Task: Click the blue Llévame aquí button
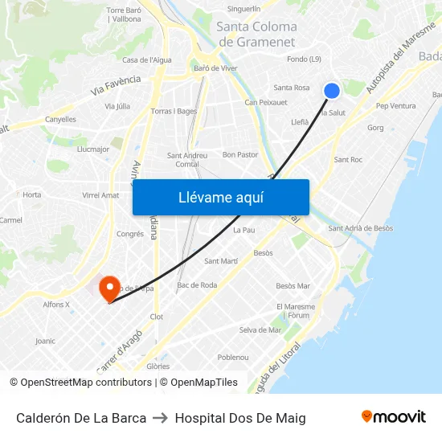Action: click(220, 197)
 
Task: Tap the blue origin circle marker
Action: click(331, 91)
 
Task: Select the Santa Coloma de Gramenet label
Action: click(257, 34)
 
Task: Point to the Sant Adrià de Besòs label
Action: click(361, 228)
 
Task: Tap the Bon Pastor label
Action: click(240, 154)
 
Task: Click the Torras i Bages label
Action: click(174, 111)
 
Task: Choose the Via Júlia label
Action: click(117, 106)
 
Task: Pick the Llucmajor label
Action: click(92, 149)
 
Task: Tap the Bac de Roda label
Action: click(197, 284)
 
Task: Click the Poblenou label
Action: click(233, 357)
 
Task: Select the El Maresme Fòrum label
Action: click(296, 311)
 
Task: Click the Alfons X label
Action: click(56, 304)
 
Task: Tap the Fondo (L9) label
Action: click(305, 59)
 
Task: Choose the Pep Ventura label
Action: click(396, 106)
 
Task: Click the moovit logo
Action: click(394, 417)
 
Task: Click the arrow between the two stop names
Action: click(161, 418)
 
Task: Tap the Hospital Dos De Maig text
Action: click(240, 418)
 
